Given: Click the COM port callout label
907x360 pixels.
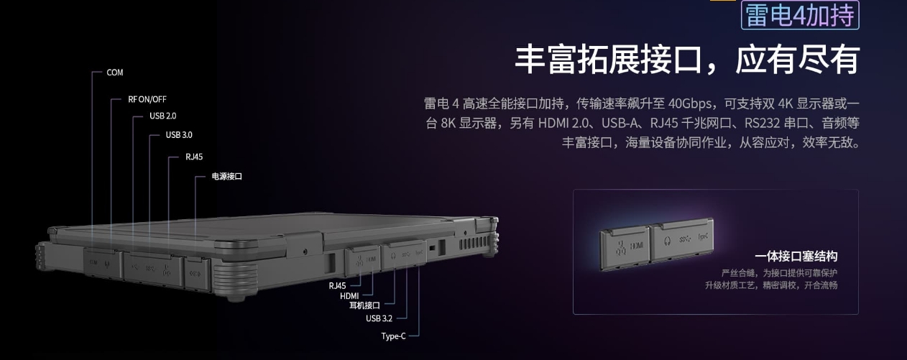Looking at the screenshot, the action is coord(114,73).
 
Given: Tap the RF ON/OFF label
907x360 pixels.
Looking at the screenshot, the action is coord(147,100).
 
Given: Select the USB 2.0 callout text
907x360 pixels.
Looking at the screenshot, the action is coord(162,116).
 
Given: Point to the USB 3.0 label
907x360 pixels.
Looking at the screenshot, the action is coord(179,135).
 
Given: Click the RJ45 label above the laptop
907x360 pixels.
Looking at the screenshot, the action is coord(194,157).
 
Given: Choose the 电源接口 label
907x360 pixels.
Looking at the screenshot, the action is coord(227,176).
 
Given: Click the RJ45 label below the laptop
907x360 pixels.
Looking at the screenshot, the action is coord(337,286).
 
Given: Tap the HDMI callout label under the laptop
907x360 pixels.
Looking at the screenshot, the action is coord(349,296).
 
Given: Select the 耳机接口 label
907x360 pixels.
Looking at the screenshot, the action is coord(364,305).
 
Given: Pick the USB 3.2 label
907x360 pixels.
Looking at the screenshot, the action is coord(379,319).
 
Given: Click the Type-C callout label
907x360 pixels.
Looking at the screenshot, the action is coord(393,336).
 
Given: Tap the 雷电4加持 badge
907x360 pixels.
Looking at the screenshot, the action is coord(800,15).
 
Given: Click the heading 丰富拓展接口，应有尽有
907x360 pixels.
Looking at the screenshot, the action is coord(687,60).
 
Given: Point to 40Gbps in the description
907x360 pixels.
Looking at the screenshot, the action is coord(689,103).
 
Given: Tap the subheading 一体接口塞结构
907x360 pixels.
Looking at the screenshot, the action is coord(796,257).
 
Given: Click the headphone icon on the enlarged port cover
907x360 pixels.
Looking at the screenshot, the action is coord(667,241).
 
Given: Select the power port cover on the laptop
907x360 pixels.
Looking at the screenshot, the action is coord(197,274).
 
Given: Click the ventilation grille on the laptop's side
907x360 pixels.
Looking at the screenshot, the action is coord(474,244).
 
